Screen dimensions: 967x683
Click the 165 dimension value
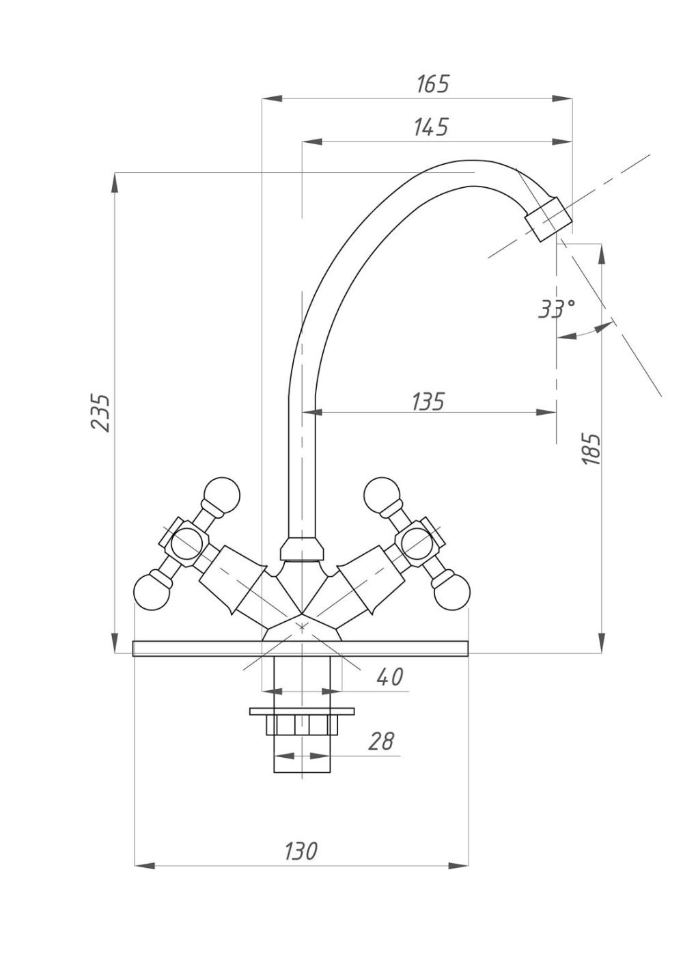click(433, 84)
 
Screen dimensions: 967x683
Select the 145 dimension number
click(431, 127)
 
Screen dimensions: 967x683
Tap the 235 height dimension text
click(101, 412)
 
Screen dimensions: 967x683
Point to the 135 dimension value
click(428, 401)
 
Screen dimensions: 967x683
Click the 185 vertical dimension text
click(591, 449)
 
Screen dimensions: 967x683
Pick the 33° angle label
click(557, 309)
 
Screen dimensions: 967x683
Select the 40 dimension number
click(390, 677)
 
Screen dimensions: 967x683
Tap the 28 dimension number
click(381, 741)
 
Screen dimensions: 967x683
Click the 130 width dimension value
click(301, 852)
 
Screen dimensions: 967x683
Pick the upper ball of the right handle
click(380, 492)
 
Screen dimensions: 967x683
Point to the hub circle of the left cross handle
click(184, 544)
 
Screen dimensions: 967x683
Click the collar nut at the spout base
click(302, 549)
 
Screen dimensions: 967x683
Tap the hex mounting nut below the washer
click(301, 724)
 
